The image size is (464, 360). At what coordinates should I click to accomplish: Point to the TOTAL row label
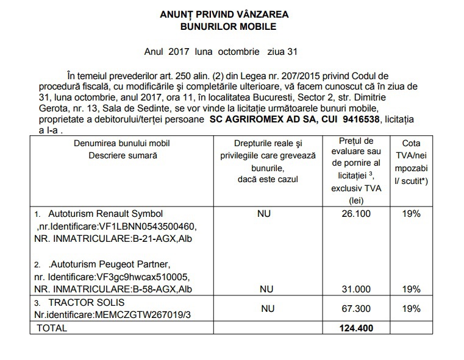pyautogui.click(x=52, y=328)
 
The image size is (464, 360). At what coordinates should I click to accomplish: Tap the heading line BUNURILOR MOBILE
pyautogui.click(x=228, y=27)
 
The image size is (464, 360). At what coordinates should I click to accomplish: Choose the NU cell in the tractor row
pyautogui.click(x=268, y=309)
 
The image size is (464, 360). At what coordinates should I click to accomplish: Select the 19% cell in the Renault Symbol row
pyautogui.click(x=412, y=214)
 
